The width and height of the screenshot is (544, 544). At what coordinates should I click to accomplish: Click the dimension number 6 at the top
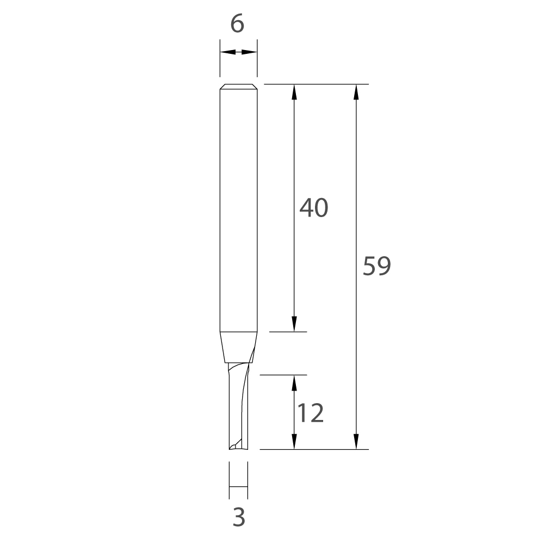(237, 24)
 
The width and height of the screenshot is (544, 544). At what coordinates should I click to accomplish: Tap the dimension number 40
(314, 208)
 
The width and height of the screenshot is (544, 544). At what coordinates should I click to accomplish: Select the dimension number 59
(377, 266)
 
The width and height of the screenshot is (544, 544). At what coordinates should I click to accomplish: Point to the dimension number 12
(311, 413)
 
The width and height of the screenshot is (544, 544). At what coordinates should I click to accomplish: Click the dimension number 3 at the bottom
(239, 517)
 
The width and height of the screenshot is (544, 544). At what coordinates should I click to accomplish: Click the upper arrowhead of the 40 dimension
(294, 92)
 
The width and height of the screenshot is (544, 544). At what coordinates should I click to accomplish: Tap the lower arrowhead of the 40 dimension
(294, 324)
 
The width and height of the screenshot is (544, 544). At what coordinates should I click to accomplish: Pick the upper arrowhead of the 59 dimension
(356, 92)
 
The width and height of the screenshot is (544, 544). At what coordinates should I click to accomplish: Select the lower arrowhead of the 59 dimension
(356, 442)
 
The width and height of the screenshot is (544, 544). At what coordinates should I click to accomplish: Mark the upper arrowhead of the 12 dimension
(294, 383)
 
